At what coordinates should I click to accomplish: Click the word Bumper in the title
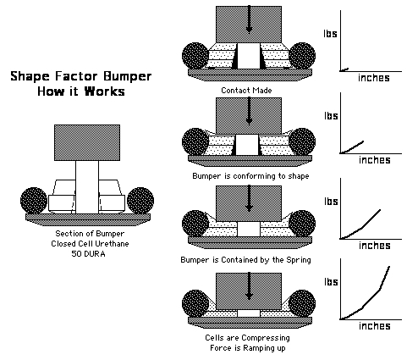127,76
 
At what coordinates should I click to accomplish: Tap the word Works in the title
105,91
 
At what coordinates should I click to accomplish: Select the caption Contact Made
246,91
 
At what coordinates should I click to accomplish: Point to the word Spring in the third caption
299,260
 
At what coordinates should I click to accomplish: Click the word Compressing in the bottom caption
266,338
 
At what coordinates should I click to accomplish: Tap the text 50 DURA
88,254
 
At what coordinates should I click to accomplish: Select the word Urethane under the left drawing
112,244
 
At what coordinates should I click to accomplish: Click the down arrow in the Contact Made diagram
249,19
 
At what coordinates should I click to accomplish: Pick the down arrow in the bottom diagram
249,286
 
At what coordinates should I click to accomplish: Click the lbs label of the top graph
330,34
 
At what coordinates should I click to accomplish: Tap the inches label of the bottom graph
375,326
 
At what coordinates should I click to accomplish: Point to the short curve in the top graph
344,69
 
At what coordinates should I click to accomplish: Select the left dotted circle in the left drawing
34,201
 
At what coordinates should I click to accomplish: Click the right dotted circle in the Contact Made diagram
302,56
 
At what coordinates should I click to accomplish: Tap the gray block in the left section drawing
87,142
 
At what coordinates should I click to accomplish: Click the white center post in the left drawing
87,187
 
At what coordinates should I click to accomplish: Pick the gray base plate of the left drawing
88,219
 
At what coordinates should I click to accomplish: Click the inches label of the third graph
375,246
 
